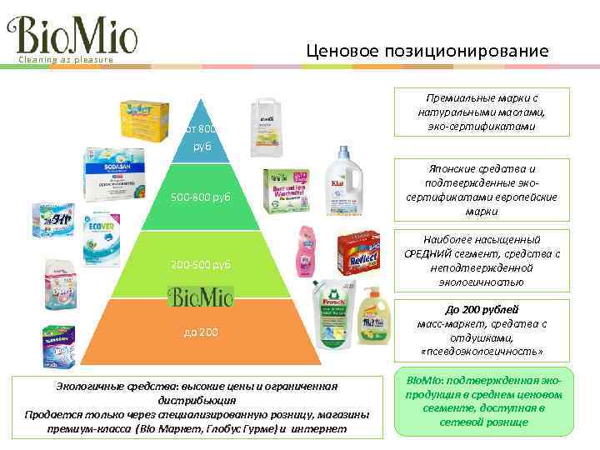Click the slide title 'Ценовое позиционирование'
[427, 52]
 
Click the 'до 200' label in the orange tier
[201, 332]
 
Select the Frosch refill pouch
[334, 317]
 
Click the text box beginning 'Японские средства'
[482, 190]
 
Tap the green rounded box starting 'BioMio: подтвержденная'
[483, 401]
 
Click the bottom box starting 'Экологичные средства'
[196, 407]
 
